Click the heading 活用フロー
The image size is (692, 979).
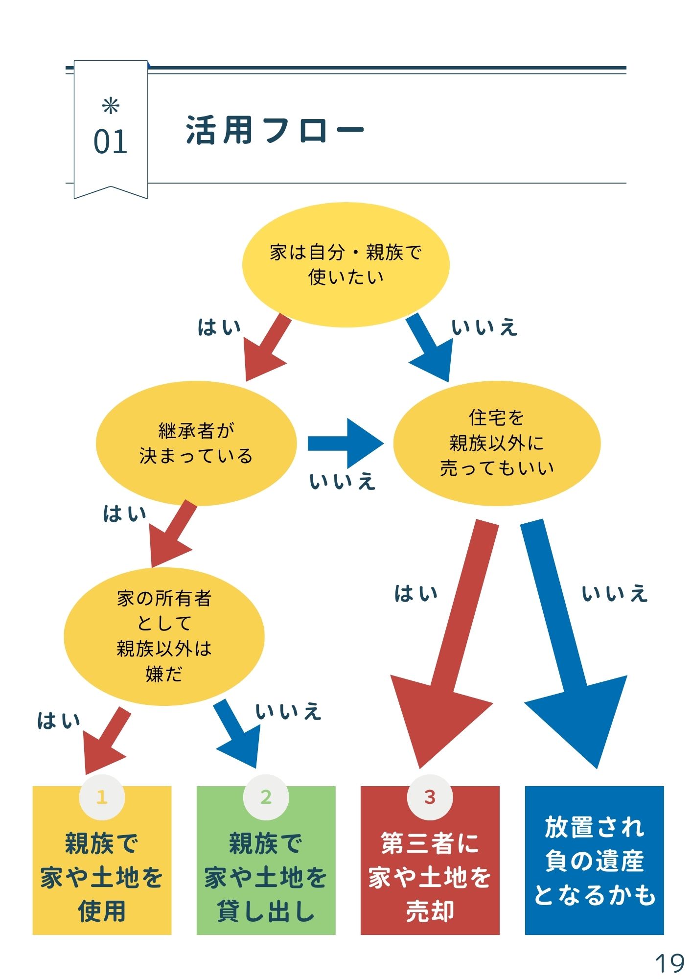275,130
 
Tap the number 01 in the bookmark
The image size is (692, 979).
110,142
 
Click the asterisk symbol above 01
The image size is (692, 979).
111,106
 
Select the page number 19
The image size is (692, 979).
669,963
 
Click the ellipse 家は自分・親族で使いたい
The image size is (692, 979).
346,265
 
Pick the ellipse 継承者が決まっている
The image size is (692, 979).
196,443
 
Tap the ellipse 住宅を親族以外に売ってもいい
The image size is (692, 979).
496,443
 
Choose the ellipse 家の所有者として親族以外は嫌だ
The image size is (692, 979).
164,636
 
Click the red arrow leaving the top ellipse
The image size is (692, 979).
267,348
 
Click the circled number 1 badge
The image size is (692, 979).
102,797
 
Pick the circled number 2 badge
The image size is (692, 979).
266,797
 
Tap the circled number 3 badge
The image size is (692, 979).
430,797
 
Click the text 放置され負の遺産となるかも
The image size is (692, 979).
594,861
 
